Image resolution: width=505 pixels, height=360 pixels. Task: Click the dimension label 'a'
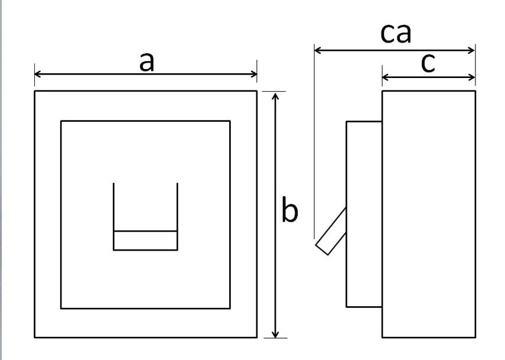click(147, 62)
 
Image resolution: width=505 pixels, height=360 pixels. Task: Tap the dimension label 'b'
click(290, 209)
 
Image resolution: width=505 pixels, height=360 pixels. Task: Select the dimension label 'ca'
click(396, 33)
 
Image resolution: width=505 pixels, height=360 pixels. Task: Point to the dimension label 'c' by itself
click(428, 63)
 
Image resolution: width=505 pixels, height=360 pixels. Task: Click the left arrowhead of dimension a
click(37, 74)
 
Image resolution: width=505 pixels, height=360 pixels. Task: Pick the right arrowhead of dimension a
click(254, 74)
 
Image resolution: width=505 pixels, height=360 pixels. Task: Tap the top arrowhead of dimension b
click(275, 96)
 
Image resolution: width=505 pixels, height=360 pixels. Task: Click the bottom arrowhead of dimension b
click(275, 334)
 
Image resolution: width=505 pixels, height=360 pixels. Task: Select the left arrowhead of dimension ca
click(318, 50)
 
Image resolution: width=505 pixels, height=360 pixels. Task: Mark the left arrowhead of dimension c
click(386, 77)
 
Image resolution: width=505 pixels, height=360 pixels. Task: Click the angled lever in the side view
click(331, 231)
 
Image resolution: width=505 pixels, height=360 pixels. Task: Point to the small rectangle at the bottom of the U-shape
click(145, 241)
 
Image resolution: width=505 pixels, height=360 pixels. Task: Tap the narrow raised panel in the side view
click(364, 215)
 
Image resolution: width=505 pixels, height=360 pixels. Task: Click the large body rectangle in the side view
click(429, 215)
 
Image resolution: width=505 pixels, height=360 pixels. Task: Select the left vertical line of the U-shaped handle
click(113, 216)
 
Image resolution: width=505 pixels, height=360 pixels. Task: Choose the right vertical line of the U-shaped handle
click(177, 216)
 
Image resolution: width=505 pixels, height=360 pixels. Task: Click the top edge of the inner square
click(145, 121)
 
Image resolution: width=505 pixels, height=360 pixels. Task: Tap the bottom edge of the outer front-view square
click(146, 338)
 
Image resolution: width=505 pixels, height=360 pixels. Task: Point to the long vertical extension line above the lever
click(314, 141)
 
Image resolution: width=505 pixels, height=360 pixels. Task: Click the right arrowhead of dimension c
click(472, 77)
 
